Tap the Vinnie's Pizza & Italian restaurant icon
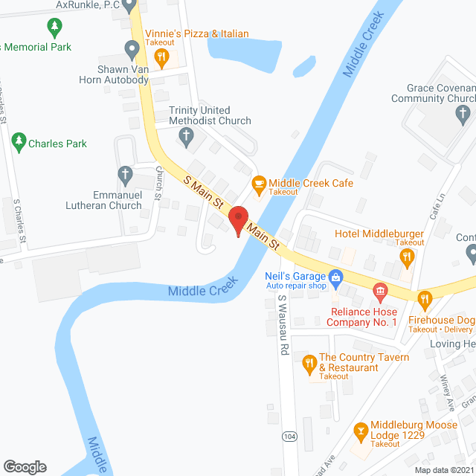pyautogui.click(x=159, y=51)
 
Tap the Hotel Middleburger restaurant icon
pyautogui.click(x=406, y=257)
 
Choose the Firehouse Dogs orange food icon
pyautogui.click(x=424, y=300)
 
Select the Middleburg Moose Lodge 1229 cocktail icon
pyautogui.click(x=360, y=429)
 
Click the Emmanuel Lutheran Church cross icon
pyautogui.click(x=126, y=176)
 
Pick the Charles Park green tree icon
pyautogui.click(x=19, y=141)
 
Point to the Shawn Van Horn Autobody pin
pyautogui.click(x=133, y=51)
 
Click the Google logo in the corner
pyautogui.click(x=25, y=466)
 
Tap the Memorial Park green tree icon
pyautogui.click(x=54, y=28)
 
